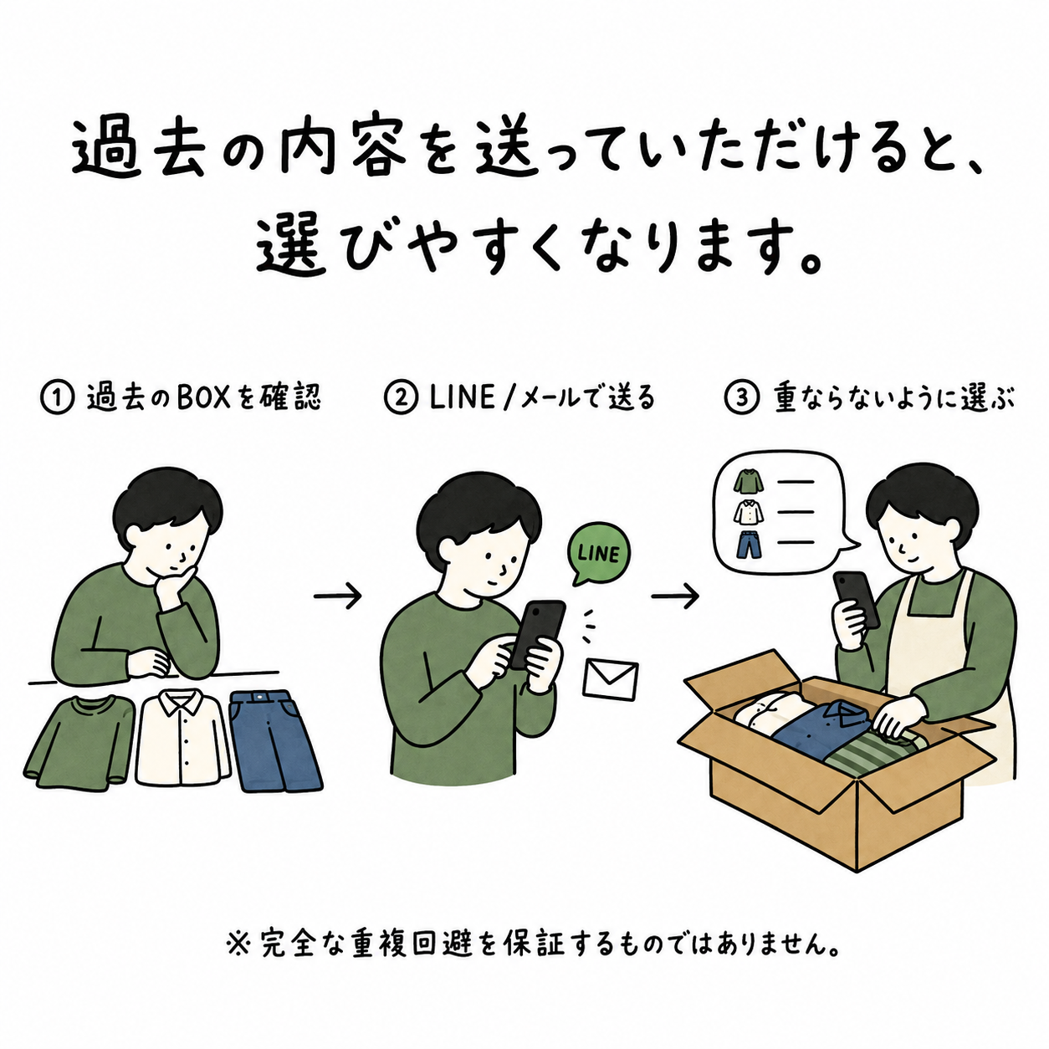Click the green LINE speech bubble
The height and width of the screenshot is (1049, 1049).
(x=599, y=553)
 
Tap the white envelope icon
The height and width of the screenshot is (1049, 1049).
(x=610, y=680)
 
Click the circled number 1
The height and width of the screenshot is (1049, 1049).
(x=57, y=397)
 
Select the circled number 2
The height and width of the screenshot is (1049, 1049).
(x=402, y=397)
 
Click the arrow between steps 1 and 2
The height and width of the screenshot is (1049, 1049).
(x=337, y=596)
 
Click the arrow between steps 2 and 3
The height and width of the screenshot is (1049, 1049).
(x=675, y=596)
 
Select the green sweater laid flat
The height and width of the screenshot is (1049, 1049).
(x=79, y=740)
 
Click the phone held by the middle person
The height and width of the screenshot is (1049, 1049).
(x=537, y=634)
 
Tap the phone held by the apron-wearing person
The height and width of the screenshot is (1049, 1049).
(x=857, y=599)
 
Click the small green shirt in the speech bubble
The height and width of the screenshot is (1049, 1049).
(x=749, y=481)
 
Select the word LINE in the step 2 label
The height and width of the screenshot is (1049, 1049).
(x=462, y=397)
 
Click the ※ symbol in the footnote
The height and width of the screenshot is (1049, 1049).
(x=237, y=945)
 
